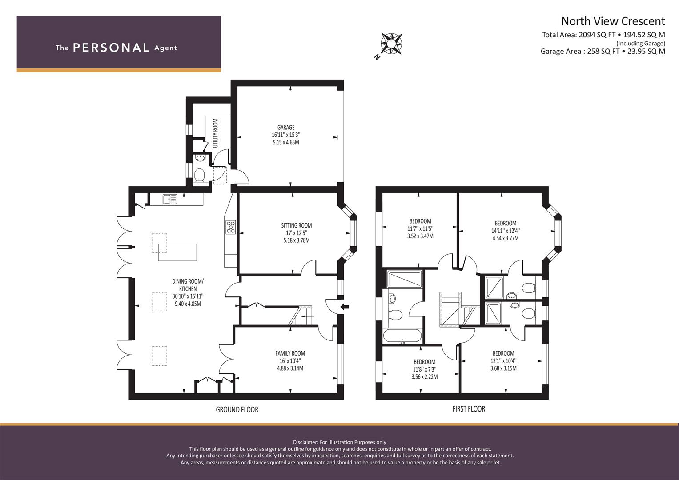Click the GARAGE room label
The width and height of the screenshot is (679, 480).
click(x=286, y=128)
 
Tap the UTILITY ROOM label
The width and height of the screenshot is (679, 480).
click(x=216, y=133)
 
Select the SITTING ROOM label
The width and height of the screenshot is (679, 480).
click(x=297, y=225)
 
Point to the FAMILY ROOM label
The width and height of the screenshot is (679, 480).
click(x=290, y=353)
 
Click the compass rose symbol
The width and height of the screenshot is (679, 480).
click(x=391, y=44)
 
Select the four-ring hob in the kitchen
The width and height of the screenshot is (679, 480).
click(x=230, y=227)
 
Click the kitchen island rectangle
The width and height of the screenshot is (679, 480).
click(x=177, y=252)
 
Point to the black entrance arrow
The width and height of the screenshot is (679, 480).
click(x=345, y=307)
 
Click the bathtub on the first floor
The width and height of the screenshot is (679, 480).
click(x=402, y=336)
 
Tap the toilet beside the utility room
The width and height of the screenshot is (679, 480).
click(x=199, y=175)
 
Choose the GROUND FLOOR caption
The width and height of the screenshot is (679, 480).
click(x=237, y=410)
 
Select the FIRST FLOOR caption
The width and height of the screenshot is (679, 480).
click(x=469, y=409)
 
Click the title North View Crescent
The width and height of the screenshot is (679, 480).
click(x=613, y=21)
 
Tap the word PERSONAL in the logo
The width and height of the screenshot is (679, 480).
click(x=111, y=48)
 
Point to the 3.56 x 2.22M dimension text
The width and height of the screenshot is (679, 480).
click(x=424, y=377)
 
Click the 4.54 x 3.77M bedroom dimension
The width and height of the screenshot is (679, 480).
click(x=505, y=238)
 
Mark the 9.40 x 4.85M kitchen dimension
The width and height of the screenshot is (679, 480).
click(x=188, y=304)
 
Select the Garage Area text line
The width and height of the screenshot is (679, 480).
click(x=603, y=51)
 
